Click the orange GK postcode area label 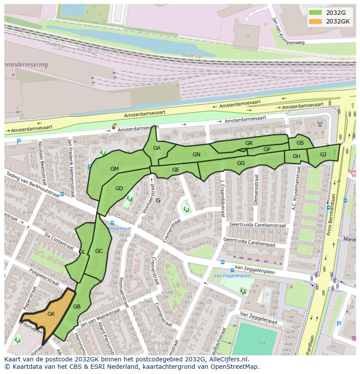pyautogui.click(x=51, y=314)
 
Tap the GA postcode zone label pyautogui.click(x=157, y=148)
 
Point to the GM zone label pyautogui.click(x=114, y=169)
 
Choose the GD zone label pyautogui.click(x=119, y=189)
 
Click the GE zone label pyautogui.click(x=176, y=170)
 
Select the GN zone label pyautogui.click(x=197, y=155)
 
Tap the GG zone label pyautogui.click(x=241, y=163)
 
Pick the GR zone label pyautogui.click(x=249, y=143)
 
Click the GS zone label pyautogui.click(x=300, y=143)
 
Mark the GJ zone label pyautogui.click(x=323, y=155)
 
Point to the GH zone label pyautogui.click(x=296, y=156)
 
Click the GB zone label pyautogui.click(x=77, y=307)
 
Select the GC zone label pyautogui.click(x=99, y=251)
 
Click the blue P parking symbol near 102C pyautogui.click(x=19, y=142)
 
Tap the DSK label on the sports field pyautogui.click(x=262, y=343)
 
